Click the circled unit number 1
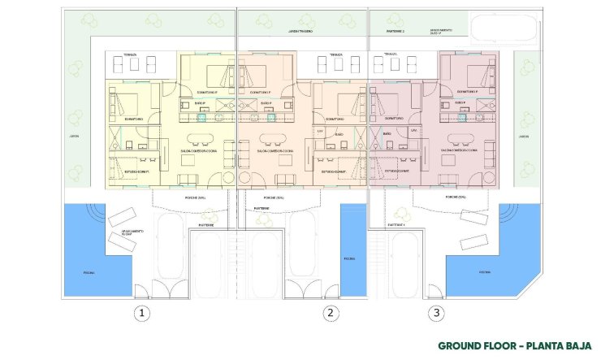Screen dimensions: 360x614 click(x=142, y=312)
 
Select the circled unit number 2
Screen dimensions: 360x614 click(x=329, y=312)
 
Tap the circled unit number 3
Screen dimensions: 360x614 click(x=437, y=312)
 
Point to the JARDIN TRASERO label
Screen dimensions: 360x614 click(x=301, y=33)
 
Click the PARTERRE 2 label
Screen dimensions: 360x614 click(x=396, y=33)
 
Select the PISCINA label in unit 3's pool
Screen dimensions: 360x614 click(x=484, y=272)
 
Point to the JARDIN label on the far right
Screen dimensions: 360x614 click(x=524, y=137)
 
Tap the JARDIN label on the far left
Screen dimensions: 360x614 click(x=73, y=137)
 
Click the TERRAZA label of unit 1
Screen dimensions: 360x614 click(x=130, y=55)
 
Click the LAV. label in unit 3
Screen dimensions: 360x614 click(x=413, y=130)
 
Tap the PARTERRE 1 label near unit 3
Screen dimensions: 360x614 click(x=396, y=223)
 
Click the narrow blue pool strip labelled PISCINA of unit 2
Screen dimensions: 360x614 click(x=348, y=258)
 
